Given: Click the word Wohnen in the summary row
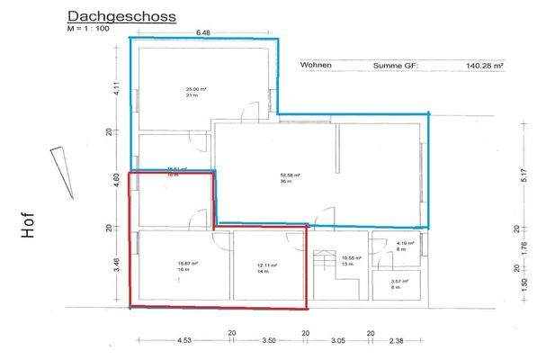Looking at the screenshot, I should click(x=318, y=66).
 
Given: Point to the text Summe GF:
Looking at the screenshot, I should click(x=396, y=66).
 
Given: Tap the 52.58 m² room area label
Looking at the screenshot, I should click(x=290, y=176).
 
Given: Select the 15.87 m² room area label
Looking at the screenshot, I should click(x=184, y=264).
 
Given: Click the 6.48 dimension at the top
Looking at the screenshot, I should click(x=203, y=33).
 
